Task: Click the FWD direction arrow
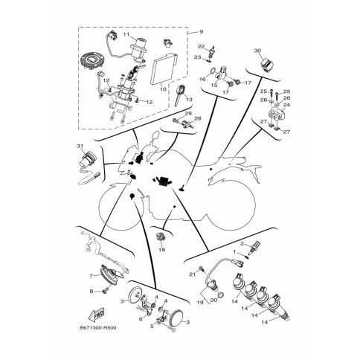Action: tap(97, 315)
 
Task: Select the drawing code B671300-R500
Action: tap(98, 328)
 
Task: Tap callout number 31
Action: tap(80, 146)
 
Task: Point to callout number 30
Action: tap(257, 51)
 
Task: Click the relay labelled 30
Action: tap(266, 62)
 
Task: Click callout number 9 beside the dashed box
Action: tap(201, 32)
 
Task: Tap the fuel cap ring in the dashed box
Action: tap(92, 61)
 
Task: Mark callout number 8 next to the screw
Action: tap(91, 292)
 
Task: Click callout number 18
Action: tap(162, 250)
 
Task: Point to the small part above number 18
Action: tap(159, 237)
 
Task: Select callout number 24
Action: tap(286, 105)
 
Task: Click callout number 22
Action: tap(201, 46)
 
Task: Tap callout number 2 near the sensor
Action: tap(242, 244)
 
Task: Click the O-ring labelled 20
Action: tap(221, 295)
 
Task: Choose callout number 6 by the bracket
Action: tap(141, 319)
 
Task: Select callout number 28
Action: tap(198, 118)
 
